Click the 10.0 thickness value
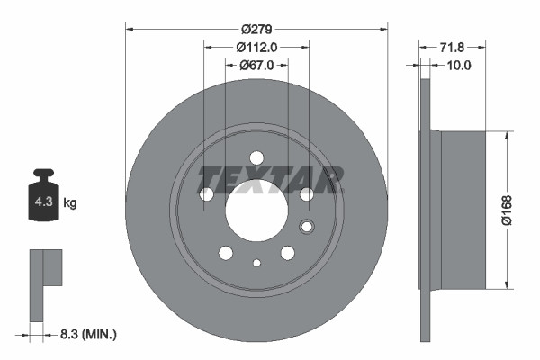pyautogui.click(x=459, y=65)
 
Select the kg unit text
pyautogui.click(x=70, y=203)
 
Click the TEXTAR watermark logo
pyautogui.click(x=270, y=179)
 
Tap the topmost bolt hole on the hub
pyautogui.click(x=256, y=157)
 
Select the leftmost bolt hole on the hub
pyautogui.click(x=205, y=193)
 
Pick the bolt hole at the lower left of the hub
pyautogui.click(x=225, y=253)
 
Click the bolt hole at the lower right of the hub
pyautogui.click(x=287, y=253)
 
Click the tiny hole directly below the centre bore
pyautogui.click(x=256, y=263)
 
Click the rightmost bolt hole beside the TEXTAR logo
pyautogui.click(x=306, y=193)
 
